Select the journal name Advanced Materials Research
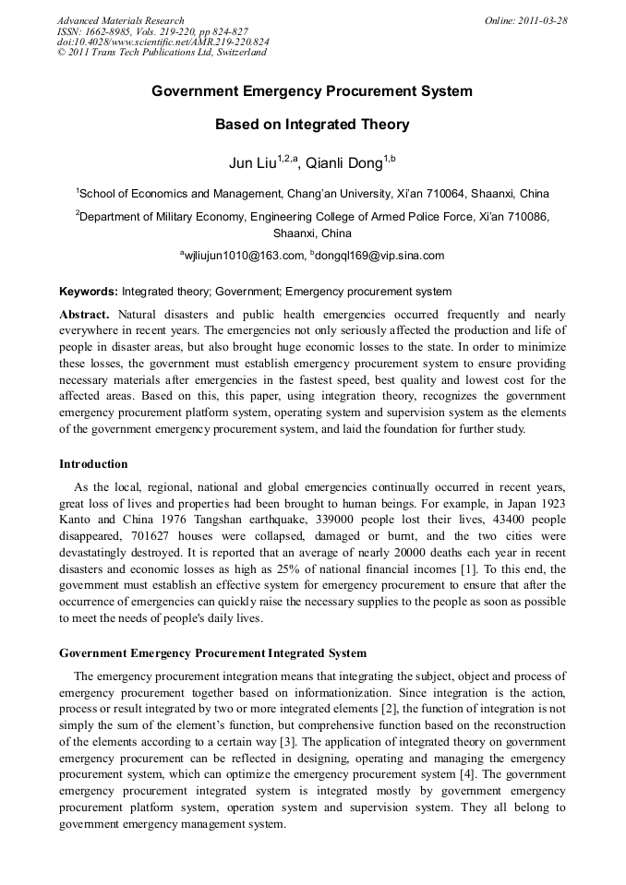[x=120, y=20]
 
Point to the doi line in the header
[x=163, y=42]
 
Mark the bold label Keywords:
[x=89, y=291]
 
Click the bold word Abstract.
[x=84, y=314]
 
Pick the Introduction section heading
[x=93, y=463]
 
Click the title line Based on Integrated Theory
[x=312, y=125]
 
